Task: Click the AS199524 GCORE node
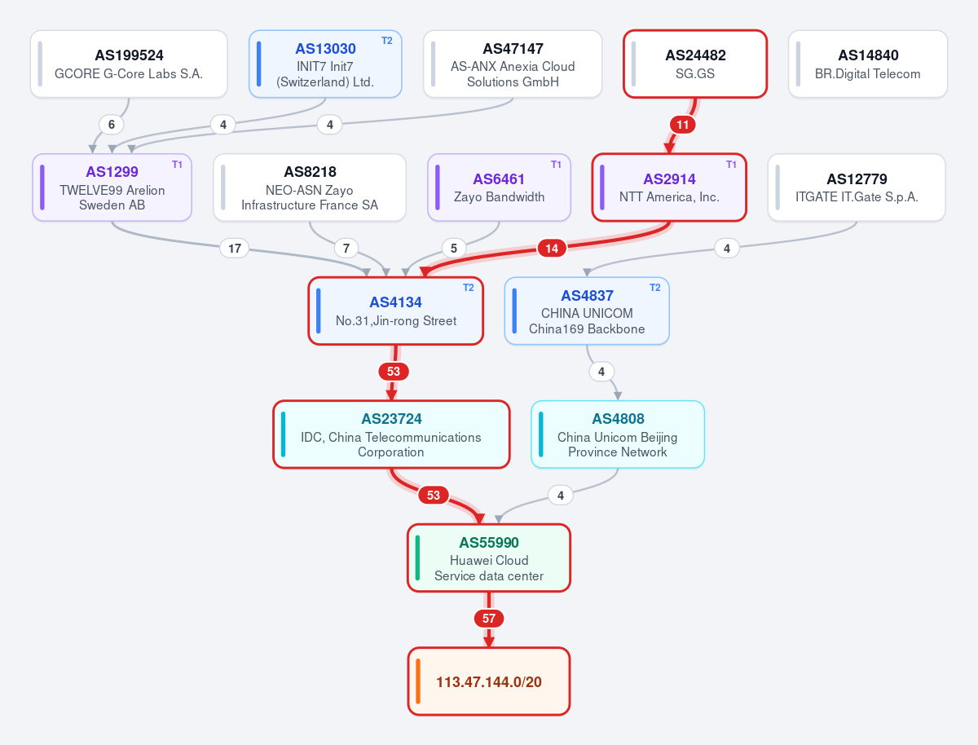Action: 129,64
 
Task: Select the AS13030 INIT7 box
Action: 325,64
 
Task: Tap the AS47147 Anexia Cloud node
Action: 513,64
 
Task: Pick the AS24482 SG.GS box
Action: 695,64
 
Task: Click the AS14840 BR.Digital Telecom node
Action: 867,64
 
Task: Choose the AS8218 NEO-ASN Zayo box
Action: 310,187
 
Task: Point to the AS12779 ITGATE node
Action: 857,187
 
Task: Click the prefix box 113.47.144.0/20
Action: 489,681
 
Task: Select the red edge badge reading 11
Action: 683,125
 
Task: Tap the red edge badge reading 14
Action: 552,248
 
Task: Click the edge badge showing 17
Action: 235,248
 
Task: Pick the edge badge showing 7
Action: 346,248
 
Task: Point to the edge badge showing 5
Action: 454,248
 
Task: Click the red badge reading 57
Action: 489,619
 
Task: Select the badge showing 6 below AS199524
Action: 112,125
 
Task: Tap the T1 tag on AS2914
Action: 731,165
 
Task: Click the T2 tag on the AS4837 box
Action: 655,288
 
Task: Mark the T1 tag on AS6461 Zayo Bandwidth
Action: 556,165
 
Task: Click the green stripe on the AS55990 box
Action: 417,558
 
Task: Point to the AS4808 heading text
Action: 618,419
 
